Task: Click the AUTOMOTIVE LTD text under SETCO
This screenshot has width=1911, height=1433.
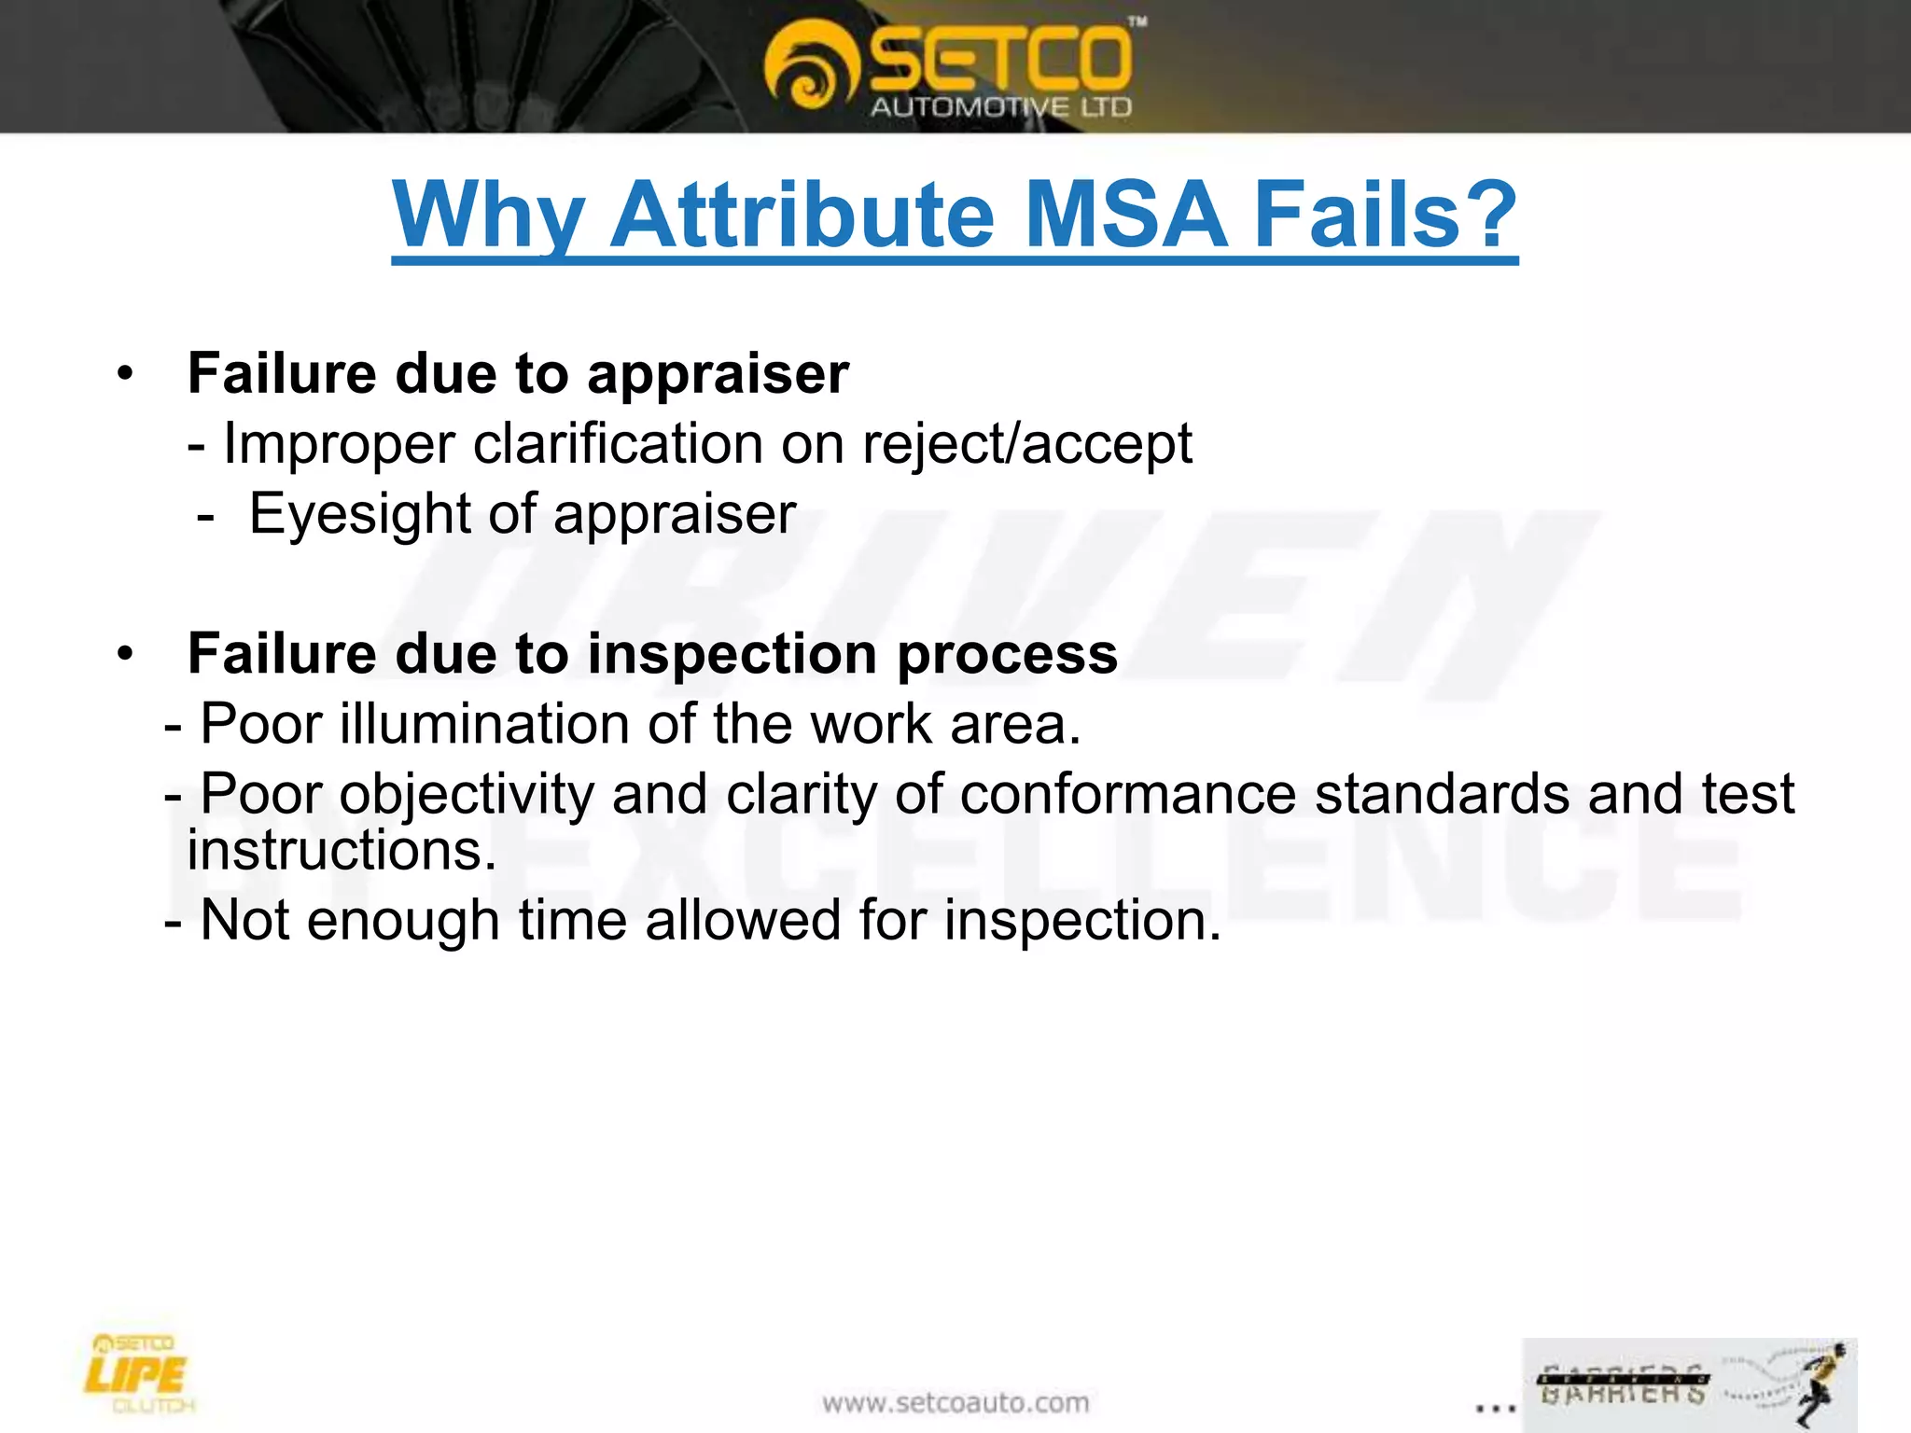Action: tap(1000, 107)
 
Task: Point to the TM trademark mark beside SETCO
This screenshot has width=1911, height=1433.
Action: tap(1137, 22)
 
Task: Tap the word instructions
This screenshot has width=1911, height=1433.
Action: tap(342, 851)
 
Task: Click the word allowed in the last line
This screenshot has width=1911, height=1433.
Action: tap(744, 921)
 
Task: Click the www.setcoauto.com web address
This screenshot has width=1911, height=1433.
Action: tap(955, 1402)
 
